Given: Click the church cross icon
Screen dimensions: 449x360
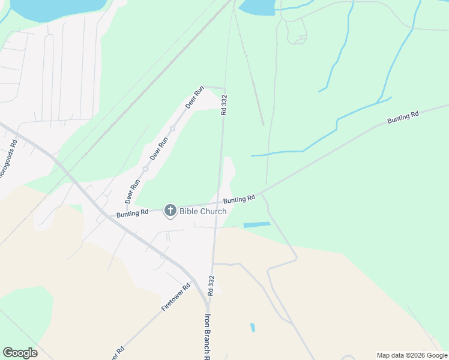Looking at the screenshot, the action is (170, 210).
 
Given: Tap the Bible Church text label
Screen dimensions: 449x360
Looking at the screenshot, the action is (203, 211).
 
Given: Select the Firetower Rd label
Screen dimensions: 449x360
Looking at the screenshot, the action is (175, 297).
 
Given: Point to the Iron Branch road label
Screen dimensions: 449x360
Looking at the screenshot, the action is (208, 336).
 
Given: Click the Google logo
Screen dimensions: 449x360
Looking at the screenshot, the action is (20, 353).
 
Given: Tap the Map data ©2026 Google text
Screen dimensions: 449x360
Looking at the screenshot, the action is (411, 355).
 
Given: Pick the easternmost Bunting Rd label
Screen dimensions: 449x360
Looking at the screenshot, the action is (402, 118).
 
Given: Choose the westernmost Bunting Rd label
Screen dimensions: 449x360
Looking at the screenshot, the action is (133, 213).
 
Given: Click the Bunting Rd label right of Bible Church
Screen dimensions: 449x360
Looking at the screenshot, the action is (240, 199).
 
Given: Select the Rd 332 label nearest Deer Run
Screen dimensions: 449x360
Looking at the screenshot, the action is (224, 104).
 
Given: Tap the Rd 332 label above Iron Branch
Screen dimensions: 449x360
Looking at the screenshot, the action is (211, 286).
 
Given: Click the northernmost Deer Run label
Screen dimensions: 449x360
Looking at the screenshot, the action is (194, 97).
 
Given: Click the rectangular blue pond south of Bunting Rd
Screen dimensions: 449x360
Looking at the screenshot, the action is (257, 225).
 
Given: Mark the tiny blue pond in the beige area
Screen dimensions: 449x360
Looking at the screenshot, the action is (253, 328).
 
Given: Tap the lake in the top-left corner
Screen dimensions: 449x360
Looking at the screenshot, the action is (54, 8).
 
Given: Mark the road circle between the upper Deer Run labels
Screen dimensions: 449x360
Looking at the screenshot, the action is (172, 128).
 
